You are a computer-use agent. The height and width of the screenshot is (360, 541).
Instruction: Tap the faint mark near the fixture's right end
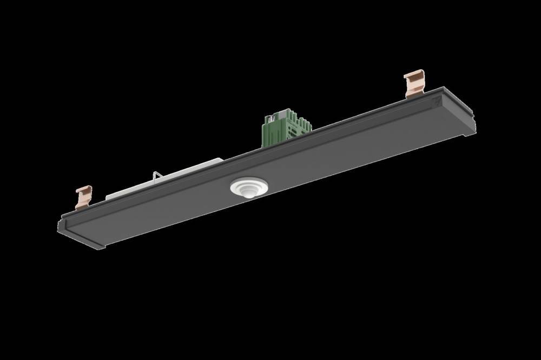pos(437,100)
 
